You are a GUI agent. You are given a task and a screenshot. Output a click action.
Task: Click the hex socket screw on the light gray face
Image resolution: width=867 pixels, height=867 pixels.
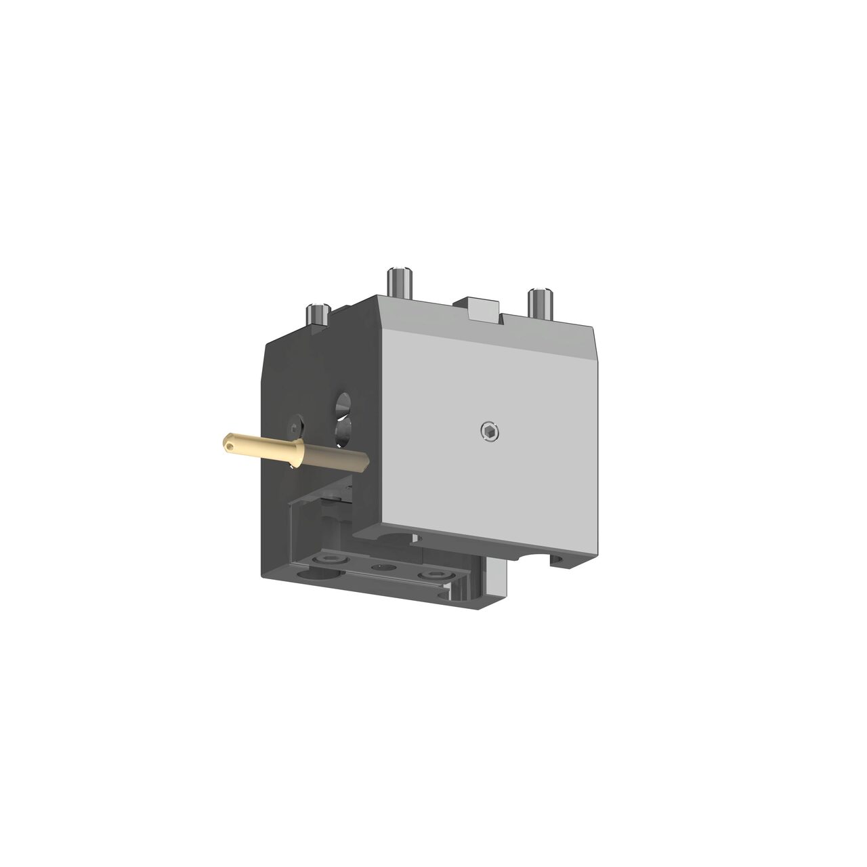pyautogui.click(x=489, y=431)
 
